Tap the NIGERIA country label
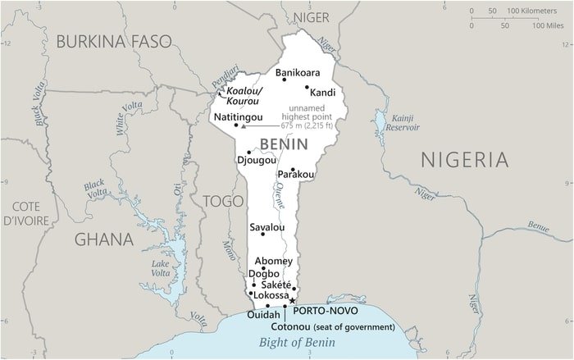coord(470,160)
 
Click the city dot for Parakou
coord(292,169)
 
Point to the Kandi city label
coord(322,93)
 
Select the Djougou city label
coord(256,160)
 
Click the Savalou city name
coord(266,227)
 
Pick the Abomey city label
coord(273,261)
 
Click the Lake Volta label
coord(161,268)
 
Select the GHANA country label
coord(103,239)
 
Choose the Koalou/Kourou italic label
coord(244,96)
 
